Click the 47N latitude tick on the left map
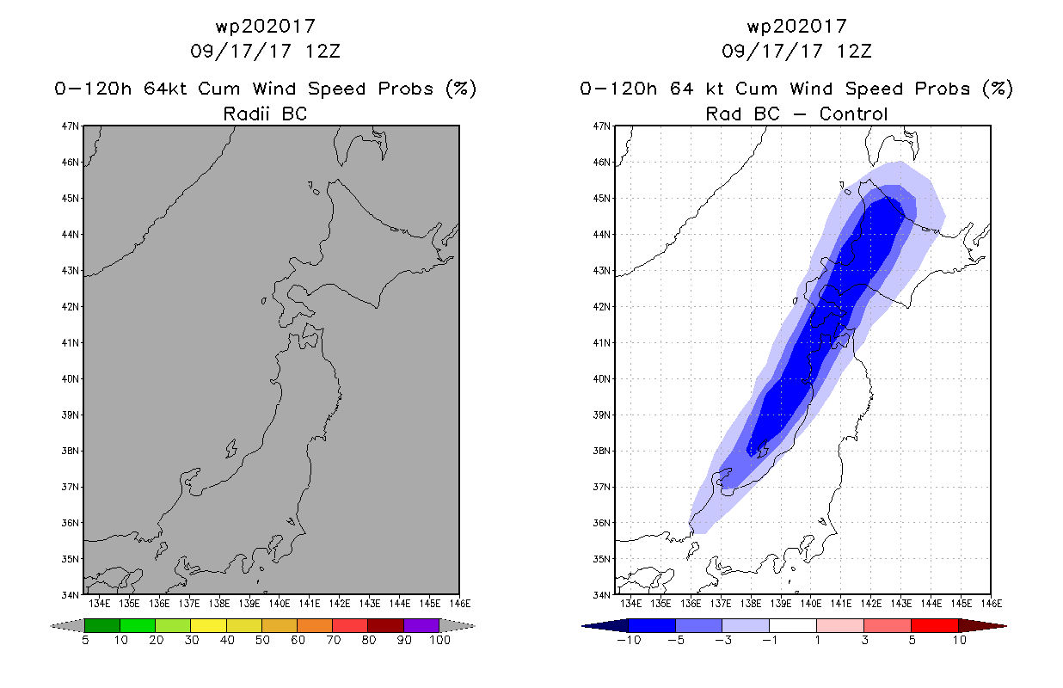pyautogui.click(x=70, y=126)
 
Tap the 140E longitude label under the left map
pyautogui.click(x=279, y=604)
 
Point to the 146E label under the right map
pyautogui.click(x=992, y=604)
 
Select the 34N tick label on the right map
pyautogui.click(x=601, y=595)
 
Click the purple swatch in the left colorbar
pyautogui.click(x=421, y=625)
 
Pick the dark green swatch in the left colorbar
pyautogui.click(x=102, y=625)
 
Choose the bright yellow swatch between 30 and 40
pyautogui.click(x=208, y=625)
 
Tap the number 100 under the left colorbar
pyautogui.click(x=439, y=640)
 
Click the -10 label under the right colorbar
pyautogui.click(x=629, y=640)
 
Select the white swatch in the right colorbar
pyautogui.click(x=793, y=625)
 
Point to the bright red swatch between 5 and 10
pyautogui.click(x=935, y=625)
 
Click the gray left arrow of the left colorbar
pyautogui.click(x=67, y=626)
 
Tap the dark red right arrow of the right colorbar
pyautogui.click(x=982, y=626)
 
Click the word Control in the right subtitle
pyautogui.click(x=853, y=114)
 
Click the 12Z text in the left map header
pyautogui.click(x=323, y=51)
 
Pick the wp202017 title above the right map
pyautogui.click(x=797, y=26)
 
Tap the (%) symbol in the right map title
pyautogui.click(x=998, y=89)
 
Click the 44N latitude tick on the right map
pyautogui.click(x=601, y=235)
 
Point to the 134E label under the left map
pyautogui.click(x=99, y=604)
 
